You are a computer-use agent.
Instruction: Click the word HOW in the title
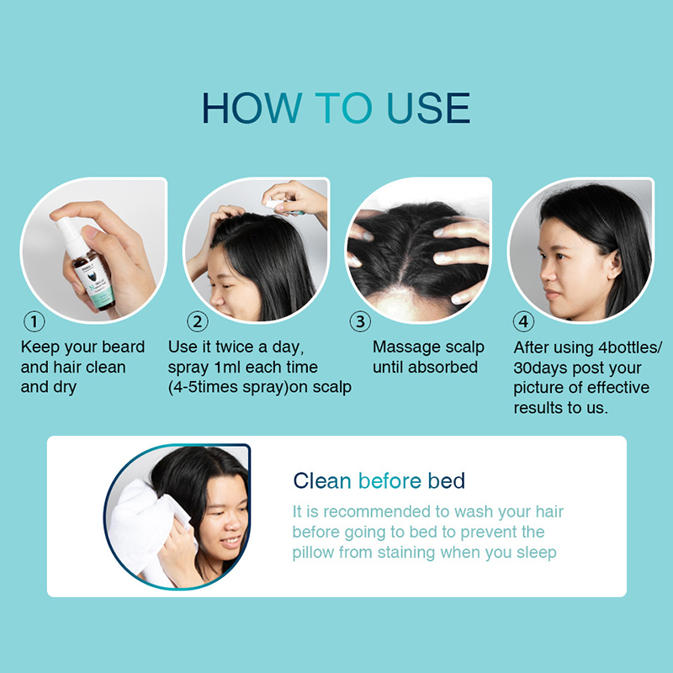coord(252,108)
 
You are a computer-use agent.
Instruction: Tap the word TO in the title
coord(343,108)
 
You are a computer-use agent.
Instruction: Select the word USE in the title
coord(428,108)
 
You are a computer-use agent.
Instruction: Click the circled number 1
coord(34,321)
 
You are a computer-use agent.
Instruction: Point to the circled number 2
coord(198,321)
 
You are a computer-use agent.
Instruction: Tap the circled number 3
coord(360,321)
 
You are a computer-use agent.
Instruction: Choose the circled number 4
coord(523,321)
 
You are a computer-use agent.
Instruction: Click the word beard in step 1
coord(123,347)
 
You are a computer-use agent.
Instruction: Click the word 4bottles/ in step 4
coord(630,347)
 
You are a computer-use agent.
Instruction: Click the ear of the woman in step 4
coord(614,264)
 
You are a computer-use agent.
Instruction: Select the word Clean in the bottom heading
coord(322,480)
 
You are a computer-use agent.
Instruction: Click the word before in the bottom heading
coord(389,480)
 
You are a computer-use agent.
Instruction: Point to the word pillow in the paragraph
coord(313,553)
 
